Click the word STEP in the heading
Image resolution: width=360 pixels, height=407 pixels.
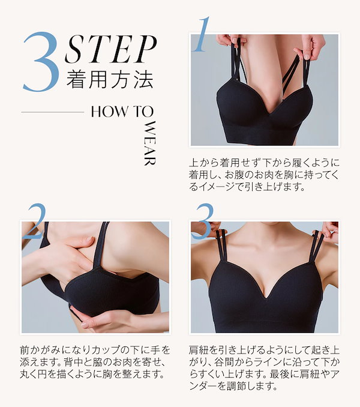point(110,50)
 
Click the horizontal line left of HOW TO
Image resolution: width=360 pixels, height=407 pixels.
point(52,112)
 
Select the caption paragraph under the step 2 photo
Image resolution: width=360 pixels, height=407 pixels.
point(95,362)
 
